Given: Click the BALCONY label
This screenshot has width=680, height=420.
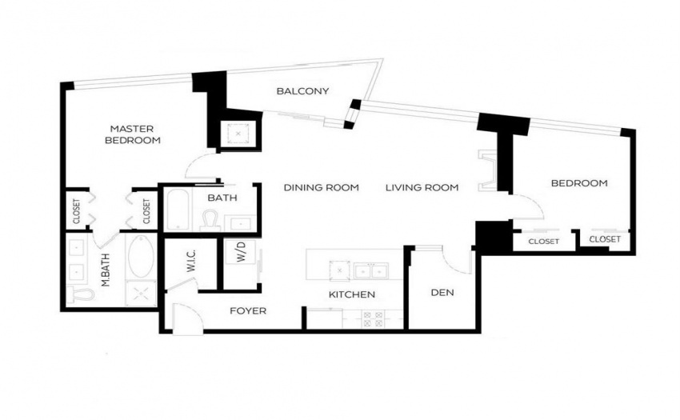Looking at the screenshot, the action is tap(302, 91).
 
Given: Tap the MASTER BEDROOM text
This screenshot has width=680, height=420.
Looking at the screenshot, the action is tap(132, 134).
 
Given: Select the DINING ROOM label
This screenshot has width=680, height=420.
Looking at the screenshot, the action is tap(322, 187).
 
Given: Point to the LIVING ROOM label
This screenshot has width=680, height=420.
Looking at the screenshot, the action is tap(422, 187).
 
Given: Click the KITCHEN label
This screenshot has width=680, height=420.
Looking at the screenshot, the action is tap(352, 294).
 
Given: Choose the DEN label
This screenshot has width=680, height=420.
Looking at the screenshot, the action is tap(442, 293).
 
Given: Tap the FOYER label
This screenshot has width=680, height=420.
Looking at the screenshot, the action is tap(248, 310).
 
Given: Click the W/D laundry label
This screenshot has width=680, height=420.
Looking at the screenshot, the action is tap(241, 252).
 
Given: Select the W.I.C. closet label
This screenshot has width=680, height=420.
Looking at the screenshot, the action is tap(191, 261).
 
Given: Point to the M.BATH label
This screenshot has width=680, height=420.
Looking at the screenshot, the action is tap(105, 270).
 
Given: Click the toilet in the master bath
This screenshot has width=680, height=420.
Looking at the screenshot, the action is tap(82, 294).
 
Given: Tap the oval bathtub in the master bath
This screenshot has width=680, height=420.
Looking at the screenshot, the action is tap(141, 256).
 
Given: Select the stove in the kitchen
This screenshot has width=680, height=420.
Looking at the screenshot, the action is tap(373, 319).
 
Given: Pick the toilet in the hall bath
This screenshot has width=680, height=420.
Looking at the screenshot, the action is tap(211, 221).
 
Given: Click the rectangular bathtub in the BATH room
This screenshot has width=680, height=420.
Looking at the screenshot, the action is tap(178, 210).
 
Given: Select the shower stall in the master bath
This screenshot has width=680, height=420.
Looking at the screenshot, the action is tap(141, 294).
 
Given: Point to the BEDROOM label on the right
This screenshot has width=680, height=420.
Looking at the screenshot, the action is tap(579, 183).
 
